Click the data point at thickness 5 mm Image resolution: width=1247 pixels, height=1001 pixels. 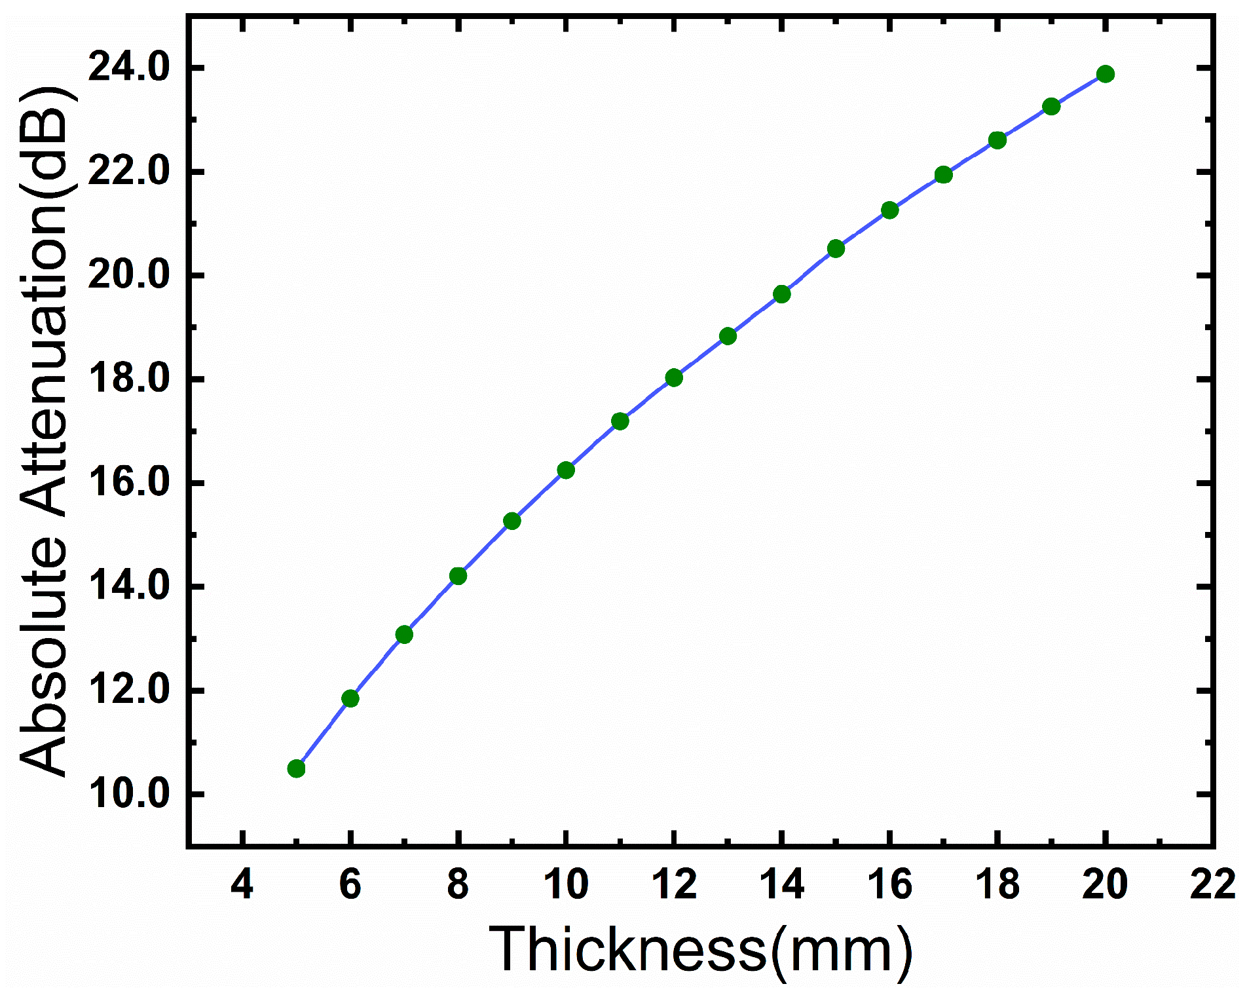[x=296, y=768]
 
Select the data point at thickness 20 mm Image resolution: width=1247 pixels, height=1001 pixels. [x=1106, y=74]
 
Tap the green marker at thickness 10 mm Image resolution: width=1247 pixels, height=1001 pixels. [x=566, y=470]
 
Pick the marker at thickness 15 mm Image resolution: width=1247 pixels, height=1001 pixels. [x=836, y=248]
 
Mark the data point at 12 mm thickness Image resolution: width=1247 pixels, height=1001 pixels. [x=674, y=377]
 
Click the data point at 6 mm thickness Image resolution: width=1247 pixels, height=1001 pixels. [x=350, y=698]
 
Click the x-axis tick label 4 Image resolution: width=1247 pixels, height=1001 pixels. [x=242, y=884]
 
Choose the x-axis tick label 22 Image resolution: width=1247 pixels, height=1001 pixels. [x=1212, y=884]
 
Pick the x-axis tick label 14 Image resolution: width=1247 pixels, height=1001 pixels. [x=781, y=884]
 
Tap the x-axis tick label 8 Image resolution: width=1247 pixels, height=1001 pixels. [x=458, y=884]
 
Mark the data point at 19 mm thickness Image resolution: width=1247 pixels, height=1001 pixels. [x=1051, y=107]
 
